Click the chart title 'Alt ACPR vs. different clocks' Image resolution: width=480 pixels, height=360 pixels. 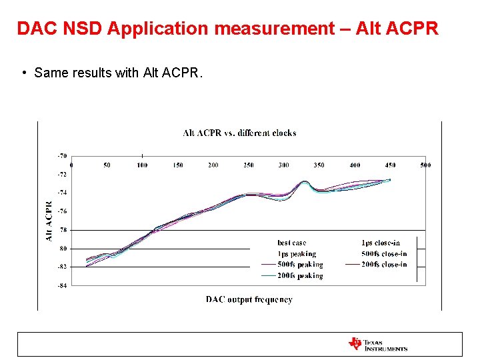(239, 133)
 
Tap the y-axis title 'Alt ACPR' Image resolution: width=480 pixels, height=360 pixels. (49, 221)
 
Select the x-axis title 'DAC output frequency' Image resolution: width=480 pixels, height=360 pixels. (249, 300)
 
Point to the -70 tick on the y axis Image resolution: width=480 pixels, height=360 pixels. (61, 155)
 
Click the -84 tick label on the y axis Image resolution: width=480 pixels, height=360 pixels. (61, 286)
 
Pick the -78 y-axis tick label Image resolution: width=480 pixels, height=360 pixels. (61, 230)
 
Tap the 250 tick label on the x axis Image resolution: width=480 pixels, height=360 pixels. (248, 165)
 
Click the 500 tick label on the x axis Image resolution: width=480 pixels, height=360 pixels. (425, 165)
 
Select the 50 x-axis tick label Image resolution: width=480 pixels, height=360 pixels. (107, 165)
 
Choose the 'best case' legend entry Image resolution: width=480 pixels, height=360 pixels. (292, 243)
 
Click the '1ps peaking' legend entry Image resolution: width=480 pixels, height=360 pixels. (297, 254)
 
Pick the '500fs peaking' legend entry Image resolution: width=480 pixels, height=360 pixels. (300, 265)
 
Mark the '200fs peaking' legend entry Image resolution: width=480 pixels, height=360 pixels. (300, 275)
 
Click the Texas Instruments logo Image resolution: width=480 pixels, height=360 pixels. (377, 344)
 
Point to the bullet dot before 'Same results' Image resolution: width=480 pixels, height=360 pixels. (23, 73)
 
